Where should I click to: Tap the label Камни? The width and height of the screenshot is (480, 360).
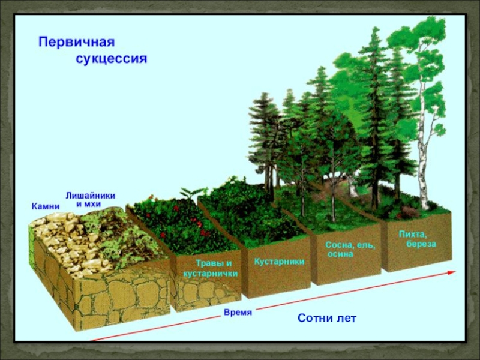(46, 206)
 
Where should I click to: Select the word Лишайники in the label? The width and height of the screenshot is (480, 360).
(90, 196)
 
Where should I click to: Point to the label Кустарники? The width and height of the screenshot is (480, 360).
(279, 262)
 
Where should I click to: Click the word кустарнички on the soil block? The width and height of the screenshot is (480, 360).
(211, 274)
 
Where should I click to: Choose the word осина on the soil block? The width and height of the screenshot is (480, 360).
(340, 254)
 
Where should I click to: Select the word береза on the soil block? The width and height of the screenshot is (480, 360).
(418, 244)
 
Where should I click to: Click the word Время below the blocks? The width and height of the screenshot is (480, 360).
(238, 313)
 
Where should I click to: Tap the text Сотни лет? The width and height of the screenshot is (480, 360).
(327, 318)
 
